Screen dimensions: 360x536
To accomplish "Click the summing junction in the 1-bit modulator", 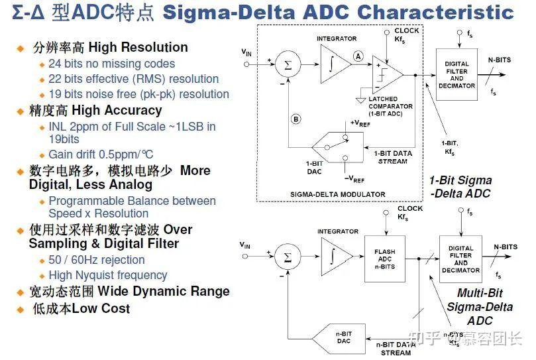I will click(x=288, y=64).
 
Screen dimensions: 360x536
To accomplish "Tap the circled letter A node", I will click(x=358, y=56).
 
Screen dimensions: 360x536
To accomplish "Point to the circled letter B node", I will click(x=296, y=119).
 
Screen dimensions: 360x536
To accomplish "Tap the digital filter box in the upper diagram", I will click(x=456, y=74).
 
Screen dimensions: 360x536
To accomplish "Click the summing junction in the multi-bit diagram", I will click(x=288, y=256).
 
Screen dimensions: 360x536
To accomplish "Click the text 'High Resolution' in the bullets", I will click(x=138, y=48).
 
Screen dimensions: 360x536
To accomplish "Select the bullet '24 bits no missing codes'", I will click(x=111, y=64).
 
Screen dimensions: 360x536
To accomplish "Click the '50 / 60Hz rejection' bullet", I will click(x=96, y=260).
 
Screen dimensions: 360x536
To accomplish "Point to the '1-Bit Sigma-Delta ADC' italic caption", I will click(x=460, y=186).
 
